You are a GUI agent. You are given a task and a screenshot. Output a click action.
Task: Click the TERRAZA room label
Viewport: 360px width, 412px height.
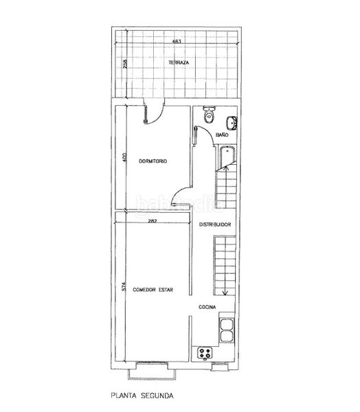[179, 62]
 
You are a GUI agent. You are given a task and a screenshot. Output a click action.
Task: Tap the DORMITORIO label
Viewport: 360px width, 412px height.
[153, 161]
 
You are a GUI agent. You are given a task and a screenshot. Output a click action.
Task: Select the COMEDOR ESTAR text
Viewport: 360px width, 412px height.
[153, 290]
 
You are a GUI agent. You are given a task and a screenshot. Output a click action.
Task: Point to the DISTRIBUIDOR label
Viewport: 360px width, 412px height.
[215, 225]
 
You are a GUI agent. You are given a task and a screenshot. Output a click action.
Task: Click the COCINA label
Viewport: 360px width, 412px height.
[207, 307]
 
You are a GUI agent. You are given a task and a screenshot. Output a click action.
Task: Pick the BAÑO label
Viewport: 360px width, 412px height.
[222, 135]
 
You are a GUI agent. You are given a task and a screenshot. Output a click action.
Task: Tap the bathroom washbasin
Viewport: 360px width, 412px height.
[232, 123]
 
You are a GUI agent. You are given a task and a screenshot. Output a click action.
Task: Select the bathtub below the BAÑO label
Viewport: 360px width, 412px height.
[227, 158]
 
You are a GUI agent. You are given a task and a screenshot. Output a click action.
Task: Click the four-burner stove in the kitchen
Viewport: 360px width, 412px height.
[205, 353]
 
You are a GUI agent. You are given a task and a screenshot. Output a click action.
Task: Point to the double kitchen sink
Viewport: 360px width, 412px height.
[227, 330]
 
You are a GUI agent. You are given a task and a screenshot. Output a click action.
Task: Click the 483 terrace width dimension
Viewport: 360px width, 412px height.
[177, 41]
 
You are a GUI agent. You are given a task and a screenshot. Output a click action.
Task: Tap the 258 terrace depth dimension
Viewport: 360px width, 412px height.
[125, 64]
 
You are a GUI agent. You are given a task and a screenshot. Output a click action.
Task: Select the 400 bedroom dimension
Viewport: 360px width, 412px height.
[124, 157]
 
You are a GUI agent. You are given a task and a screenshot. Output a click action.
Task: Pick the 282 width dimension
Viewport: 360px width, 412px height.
[153, 221]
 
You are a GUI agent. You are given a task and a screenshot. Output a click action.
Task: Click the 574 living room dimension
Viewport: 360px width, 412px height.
[124, 286]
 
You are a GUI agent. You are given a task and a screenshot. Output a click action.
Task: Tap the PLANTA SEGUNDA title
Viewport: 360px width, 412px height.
[142, 396]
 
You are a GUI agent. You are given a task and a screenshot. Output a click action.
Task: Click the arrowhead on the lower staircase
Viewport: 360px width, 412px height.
[225, 293]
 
